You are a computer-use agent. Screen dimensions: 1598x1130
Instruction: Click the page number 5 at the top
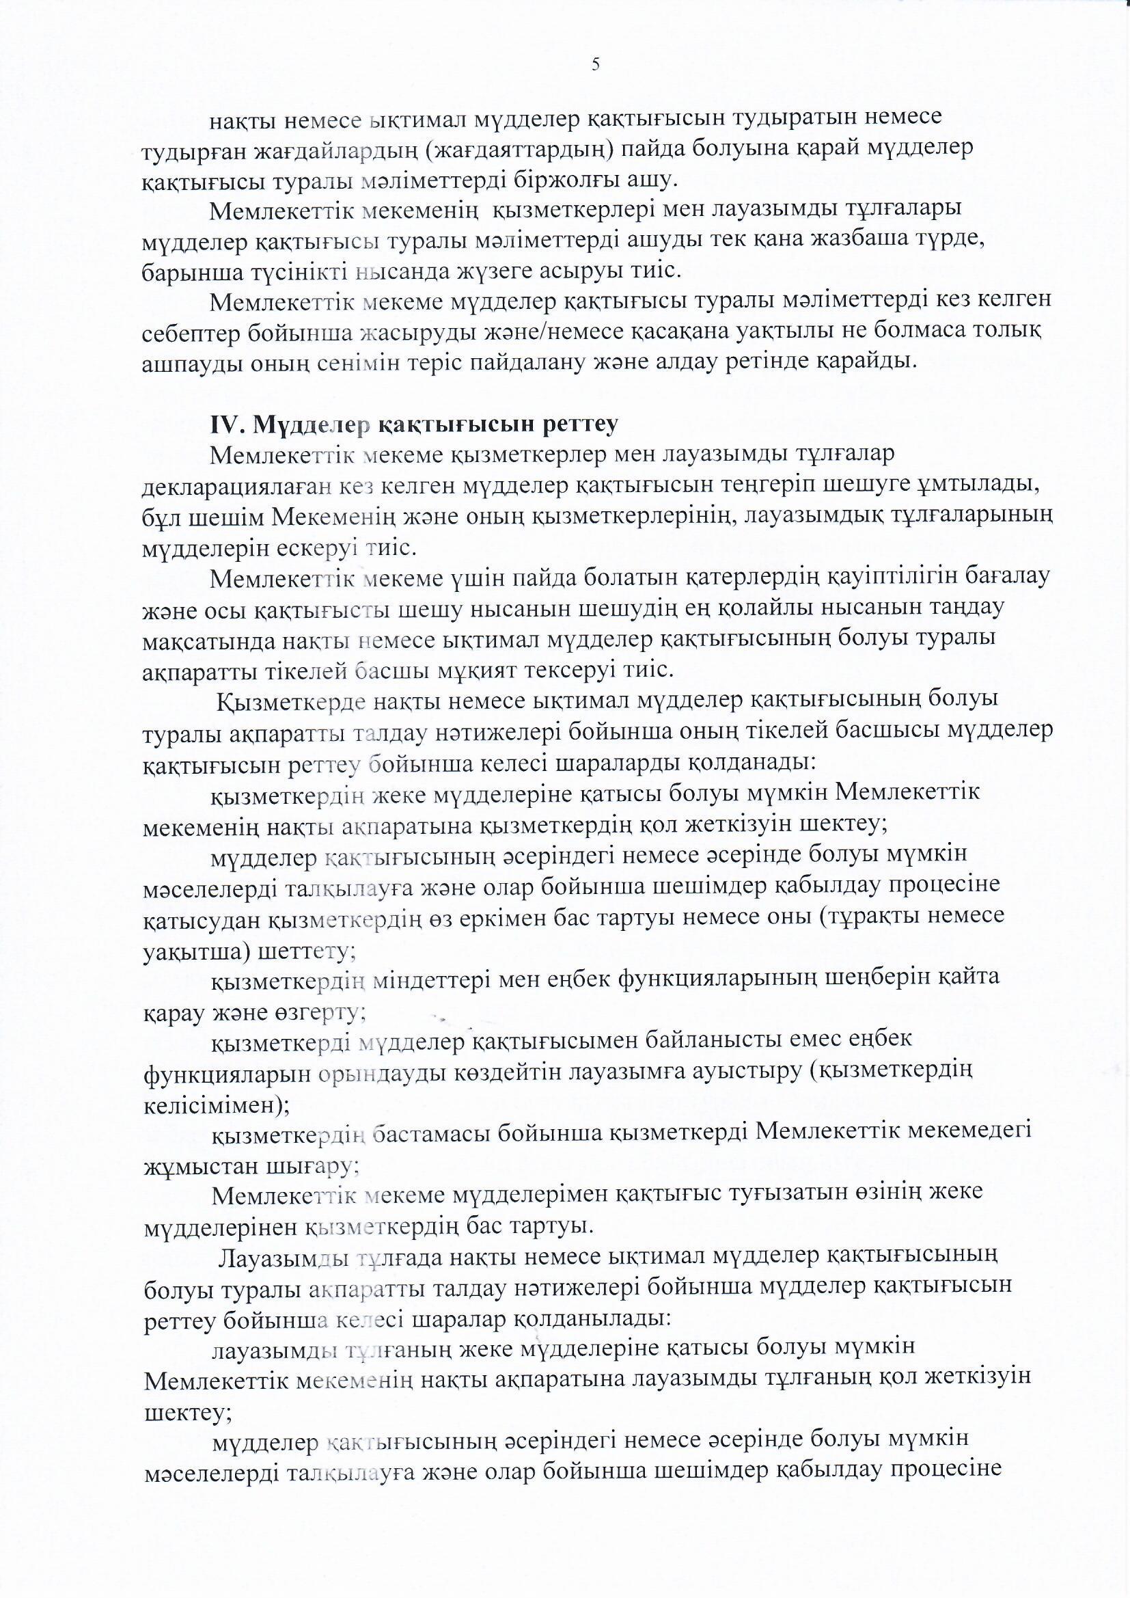595,65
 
